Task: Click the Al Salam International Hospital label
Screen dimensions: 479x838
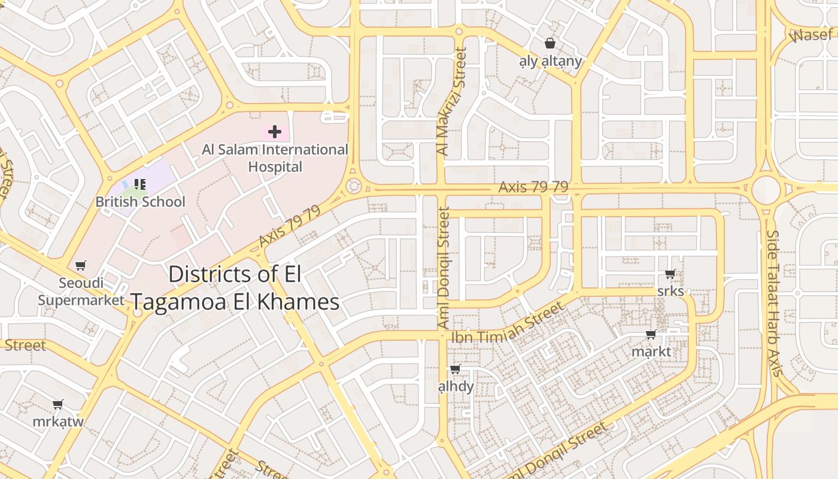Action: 275,158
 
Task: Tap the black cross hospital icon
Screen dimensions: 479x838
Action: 275,131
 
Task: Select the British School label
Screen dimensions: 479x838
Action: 141,202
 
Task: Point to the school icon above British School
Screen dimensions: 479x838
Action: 139,184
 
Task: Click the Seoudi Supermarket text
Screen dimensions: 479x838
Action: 81,291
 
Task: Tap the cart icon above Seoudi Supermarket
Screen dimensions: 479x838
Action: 81,265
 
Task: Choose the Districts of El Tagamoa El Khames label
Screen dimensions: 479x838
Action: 235,288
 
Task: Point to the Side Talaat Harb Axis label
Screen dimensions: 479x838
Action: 774,303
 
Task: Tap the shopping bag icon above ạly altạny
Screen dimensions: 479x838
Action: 550,43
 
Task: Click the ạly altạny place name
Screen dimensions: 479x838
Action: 550,61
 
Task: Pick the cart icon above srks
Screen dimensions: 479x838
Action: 670,274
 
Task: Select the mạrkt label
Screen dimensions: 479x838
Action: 651,351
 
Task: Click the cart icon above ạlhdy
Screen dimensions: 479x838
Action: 456,369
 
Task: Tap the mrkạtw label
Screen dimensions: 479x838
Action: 58,421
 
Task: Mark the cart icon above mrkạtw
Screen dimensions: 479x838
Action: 58,405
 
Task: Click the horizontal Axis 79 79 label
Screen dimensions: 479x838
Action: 533,187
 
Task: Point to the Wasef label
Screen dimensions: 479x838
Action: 811,35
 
